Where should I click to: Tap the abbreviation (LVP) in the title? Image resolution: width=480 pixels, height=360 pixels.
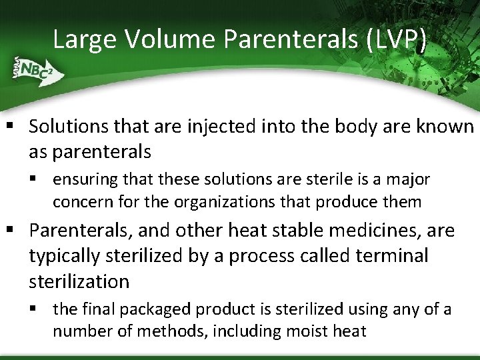[396, 39]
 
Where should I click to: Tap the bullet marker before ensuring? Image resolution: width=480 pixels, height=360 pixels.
[41, 179]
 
